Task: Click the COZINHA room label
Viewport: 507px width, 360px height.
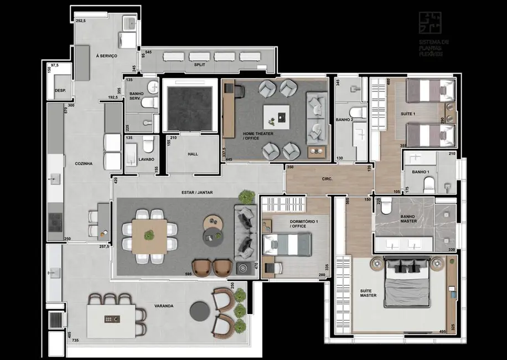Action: click(x=83, y=163)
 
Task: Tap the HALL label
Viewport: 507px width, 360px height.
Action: click(x=192, y=154)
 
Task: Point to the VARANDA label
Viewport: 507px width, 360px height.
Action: click(x=164, y=306)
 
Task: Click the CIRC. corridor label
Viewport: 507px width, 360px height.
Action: click(x=326, y=179)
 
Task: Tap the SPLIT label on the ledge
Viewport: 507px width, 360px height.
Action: click(x=199, y=65)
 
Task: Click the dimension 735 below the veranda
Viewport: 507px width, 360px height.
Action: click(x=75, y=340)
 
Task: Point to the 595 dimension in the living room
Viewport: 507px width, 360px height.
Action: click(x=188, y=274)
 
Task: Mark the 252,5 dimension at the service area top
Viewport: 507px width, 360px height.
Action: click(x=81, y=20)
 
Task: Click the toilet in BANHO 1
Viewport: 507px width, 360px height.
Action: click(x=426, y=183)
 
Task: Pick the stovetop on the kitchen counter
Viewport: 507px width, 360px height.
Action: click(x=55, y=223)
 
